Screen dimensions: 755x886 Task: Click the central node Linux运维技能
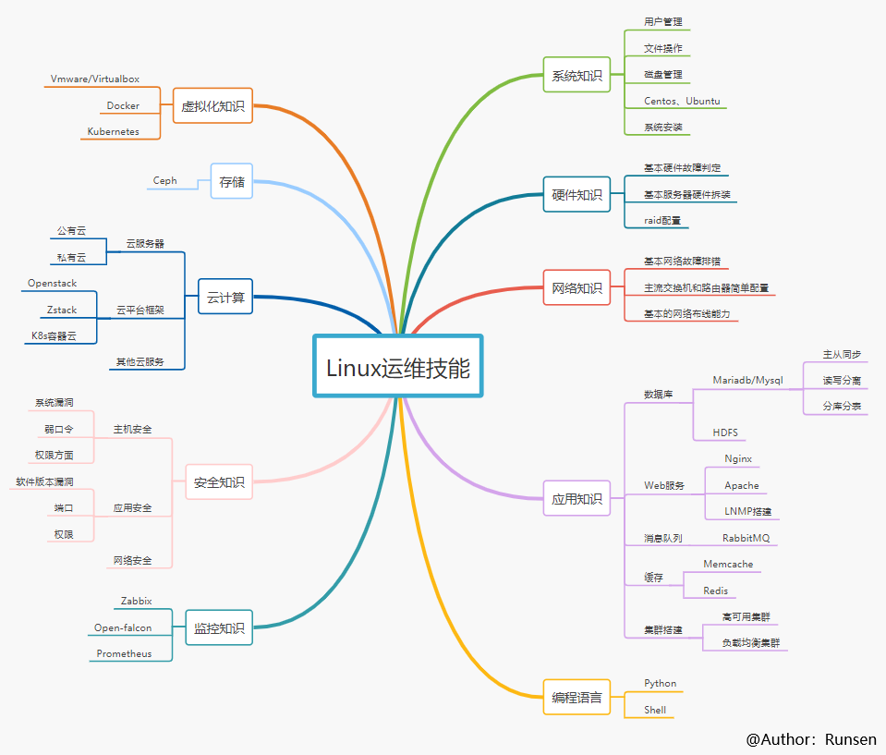pyautogui.click(x=398, y=367)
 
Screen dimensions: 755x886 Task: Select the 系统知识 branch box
pyautogui.click(x=577, y=76)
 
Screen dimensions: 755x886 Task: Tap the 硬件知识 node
pyautogui.click(x=577, y=195)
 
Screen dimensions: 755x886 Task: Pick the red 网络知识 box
pyautogui.click(x=577, y=288)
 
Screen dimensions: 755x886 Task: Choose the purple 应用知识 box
pyautogui.click(x=577, y=499)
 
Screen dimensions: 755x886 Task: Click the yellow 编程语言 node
pyautogui.click(x=577, y=698)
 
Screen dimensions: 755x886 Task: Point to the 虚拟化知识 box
pyautogui.click(x=212, y=106)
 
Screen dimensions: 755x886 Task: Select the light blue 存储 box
pyautogui.click(x=232, y=182)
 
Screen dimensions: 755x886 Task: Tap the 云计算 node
pyautogui.click(x=225, y=298)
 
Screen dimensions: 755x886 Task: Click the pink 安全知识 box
pyautogui.click(x=219, y=482)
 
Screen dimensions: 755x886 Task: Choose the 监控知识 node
pyautogui.click(x=219, y=628)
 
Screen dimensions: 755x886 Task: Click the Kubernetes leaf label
pyautogui.click(x=114, y=131)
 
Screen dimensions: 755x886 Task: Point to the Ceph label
pyautogui.click(x=165, y=181)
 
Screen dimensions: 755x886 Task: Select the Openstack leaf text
pyautogui.click(x=53, y=284)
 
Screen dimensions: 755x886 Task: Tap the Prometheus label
pyautogui.click(x=125, y=653)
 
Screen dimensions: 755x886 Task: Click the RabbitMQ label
pyautogui.click(x=746, y=538)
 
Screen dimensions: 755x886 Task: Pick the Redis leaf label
pyautogui.click(x=715, y=591)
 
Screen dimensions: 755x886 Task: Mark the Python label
pyautogui.click(x=661, y=684)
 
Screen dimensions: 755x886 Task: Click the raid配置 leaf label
pyautogui.click(x=662, y=221)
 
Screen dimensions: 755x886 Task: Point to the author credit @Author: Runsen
pyautogui.click(x=811, y=739)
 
